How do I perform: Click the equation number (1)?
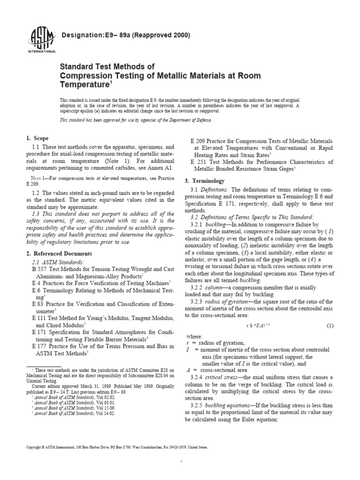pos(330,325)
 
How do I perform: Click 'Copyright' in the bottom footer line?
pos(35,448)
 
